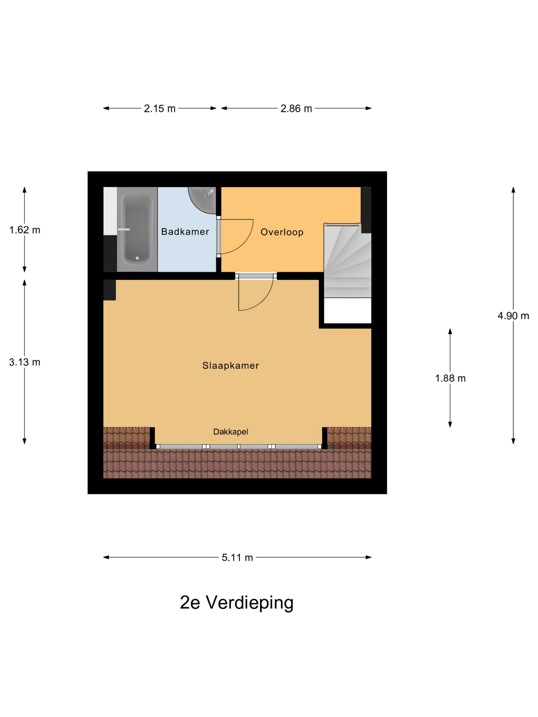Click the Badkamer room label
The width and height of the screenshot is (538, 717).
[185, 231]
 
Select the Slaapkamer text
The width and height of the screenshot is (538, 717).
[231, 366]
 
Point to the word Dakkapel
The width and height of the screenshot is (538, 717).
[231, 431]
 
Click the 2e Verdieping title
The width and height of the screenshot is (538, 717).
[237, 603]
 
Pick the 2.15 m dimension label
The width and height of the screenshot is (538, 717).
[160, 108]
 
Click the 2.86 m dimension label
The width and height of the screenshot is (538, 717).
[296, 108]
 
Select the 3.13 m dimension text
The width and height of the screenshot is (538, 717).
[25, 362]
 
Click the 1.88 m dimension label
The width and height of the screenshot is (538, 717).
[450, 378]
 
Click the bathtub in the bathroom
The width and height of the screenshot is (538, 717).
[137, 229]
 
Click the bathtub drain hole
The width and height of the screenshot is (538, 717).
[137, 258]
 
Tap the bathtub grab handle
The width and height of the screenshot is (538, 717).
[123, 229]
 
